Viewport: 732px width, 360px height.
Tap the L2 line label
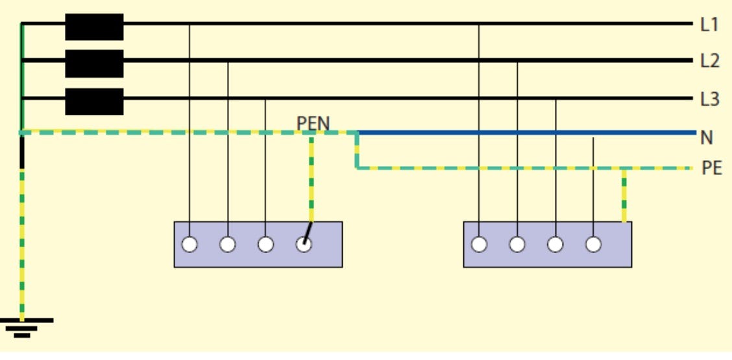709,62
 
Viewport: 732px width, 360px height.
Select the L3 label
709,99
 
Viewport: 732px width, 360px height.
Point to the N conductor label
707,137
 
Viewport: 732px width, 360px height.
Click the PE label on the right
712,169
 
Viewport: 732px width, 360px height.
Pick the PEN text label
313,123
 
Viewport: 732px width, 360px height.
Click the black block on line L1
94,27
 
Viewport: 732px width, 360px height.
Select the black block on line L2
94,63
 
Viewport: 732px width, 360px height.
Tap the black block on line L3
94,101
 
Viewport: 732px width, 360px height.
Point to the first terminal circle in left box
189,245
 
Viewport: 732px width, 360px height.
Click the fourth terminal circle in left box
304,245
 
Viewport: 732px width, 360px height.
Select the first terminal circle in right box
479,245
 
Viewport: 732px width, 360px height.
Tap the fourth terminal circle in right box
593,245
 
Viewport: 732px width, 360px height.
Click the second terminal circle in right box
517,245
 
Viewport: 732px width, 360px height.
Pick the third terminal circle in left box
265,245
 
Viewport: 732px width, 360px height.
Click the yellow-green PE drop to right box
624,195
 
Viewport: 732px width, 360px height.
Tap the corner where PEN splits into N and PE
357,134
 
